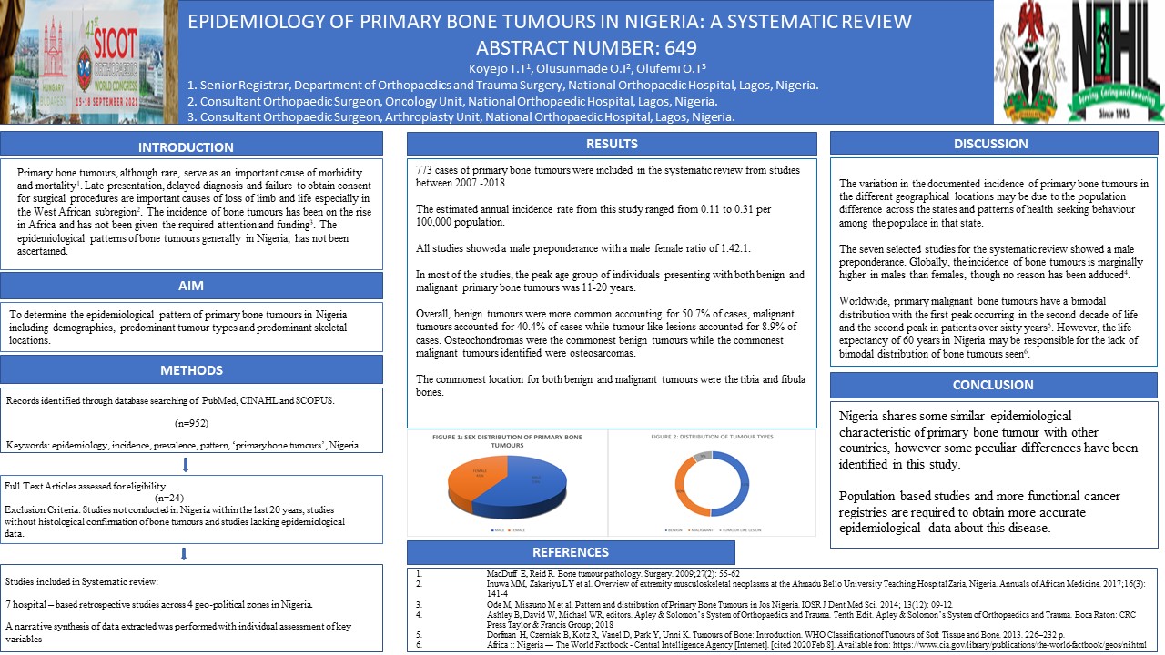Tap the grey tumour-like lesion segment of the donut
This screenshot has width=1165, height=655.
tap(701, 455)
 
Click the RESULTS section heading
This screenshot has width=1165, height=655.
tap(611, 144)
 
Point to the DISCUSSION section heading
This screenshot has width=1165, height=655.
tap(991, 144)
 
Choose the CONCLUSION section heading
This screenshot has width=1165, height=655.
tap(991, 385)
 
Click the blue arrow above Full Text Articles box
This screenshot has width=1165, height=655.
tap(186, 465)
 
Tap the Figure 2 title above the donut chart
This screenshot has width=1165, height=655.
tap(712, 437)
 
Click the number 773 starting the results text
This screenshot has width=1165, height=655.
tap(425, 170)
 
